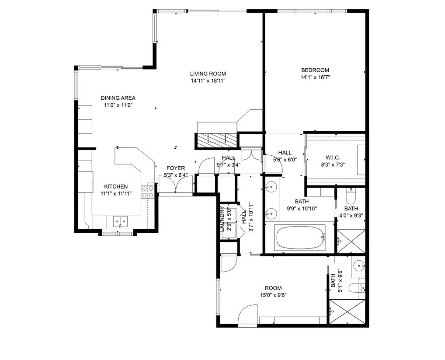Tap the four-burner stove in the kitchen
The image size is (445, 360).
[147, 192]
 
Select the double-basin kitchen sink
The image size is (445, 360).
[121, 221]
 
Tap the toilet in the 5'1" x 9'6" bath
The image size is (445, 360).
[360, 287]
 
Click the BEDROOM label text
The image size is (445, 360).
[315, 70]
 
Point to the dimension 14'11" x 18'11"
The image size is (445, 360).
[208, 80]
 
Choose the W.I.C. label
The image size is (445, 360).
[332, 157]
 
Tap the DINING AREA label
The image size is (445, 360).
[118, 98]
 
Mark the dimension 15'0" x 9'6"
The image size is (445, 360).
[273, 295]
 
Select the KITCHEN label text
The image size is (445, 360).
[116, 186]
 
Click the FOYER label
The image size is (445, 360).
[175, 168]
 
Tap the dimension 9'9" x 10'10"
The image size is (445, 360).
[302, 209]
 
